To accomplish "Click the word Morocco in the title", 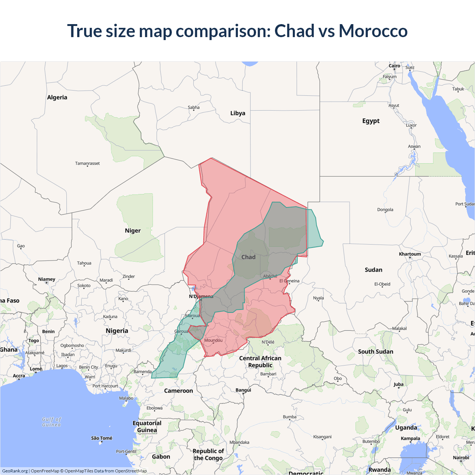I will tap(373, 31).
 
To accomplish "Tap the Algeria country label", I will tap(57, 98).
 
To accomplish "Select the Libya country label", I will tap(237, 113).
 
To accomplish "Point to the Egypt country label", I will tap(371, 121).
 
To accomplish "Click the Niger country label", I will tap(132, 231).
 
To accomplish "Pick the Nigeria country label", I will tap(117, 331).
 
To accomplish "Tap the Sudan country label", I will tap(373, 270).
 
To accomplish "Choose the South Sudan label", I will tap(376, 351).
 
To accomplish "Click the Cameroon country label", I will tap(178, 391).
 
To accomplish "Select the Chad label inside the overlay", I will tap(248, 257).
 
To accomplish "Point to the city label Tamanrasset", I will tap(87, 163).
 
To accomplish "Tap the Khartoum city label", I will tap(410, 254).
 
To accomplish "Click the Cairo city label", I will tap(394, 66).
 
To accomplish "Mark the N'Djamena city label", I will tap(201, 297).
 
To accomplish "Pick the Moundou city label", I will tap(213, 340).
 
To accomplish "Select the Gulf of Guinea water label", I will tap(52, 422).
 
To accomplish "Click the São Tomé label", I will tap(102, 438).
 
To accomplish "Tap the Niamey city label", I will tap(46, 279).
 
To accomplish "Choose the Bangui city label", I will tap(243, 390).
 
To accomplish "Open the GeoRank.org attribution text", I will tap(15, 471).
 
